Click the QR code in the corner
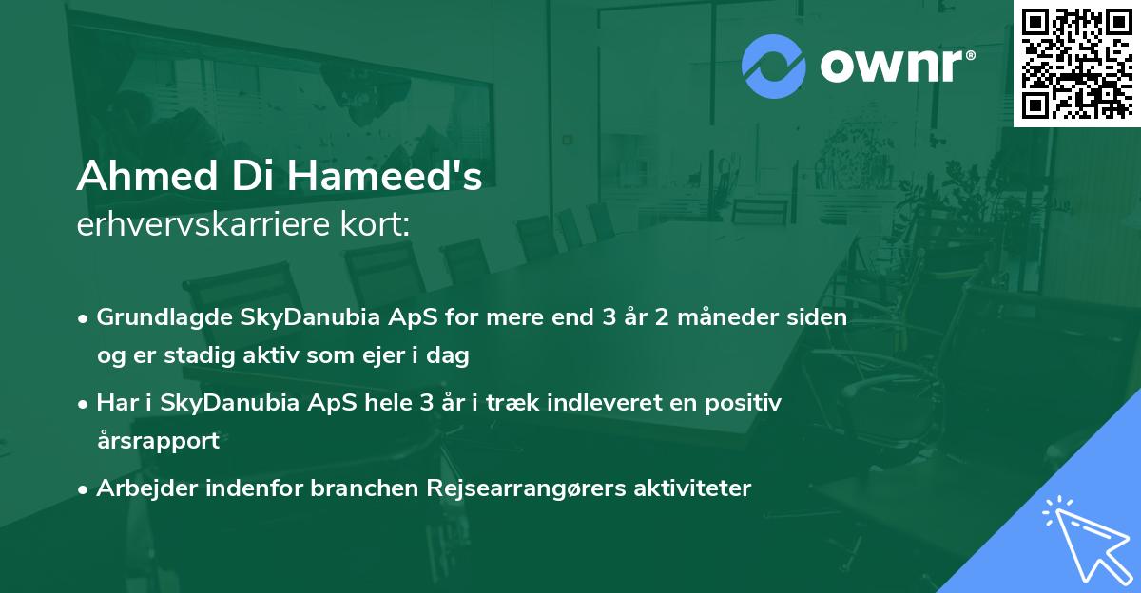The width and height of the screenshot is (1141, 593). click(1076, 63)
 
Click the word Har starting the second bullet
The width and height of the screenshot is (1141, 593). click(115, 403)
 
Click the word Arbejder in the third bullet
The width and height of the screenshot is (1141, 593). click(141, 488)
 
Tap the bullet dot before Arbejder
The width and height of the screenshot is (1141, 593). click(85, 489)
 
